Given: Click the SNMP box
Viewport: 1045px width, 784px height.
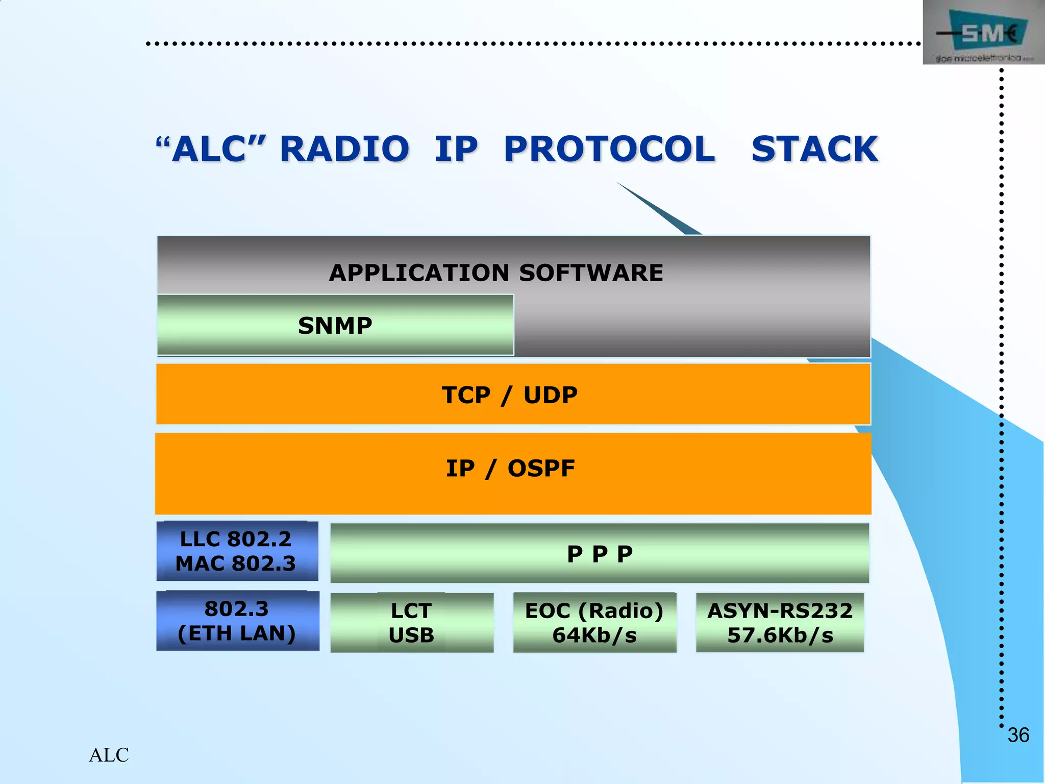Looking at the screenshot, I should (335, 325).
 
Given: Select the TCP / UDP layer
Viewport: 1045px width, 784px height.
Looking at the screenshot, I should (513, 395).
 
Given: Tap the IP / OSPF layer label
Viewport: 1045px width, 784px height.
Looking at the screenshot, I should (510, 469).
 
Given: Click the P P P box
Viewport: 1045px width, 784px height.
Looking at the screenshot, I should (600, 554).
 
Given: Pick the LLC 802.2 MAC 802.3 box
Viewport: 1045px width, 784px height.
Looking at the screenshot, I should (237, 551).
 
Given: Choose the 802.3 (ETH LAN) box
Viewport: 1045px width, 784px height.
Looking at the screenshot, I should (237, 621).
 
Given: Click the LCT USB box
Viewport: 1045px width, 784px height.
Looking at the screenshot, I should (412, 623).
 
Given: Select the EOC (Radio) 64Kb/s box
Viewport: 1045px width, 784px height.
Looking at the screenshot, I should (594, 623).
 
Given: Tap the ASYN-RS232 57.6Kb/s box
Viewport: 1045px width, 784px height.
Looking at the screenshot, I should (780, 623).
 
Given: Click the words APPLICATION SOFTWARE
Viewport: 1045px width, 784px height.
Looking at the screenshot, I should (496, 273).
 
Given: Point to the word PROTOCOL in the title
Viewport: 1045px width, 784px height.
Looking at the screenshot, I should (609, 149).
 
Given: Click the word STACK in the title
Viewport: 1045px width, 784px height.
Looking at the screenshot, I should (814, 149).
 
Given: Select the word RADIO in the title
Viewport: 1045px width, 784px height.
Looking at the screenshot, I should (344, 149).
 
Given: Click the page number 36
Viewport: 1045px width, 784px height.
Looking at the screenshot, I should (1018, 735).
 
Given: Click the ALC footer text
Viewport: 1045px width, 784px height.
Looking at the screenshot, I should (109, 755).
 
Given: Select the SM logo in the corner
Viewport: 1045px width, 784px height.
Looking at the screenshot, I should (983, 34).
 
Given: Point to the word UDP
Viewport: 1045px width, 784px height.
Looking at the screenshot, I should (551, 395).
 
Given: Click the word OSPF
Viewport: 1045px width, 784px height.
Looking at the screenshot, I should (541, 469).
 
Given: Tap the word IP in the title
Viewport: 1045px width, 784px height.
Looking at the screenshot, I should (456, 149).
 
